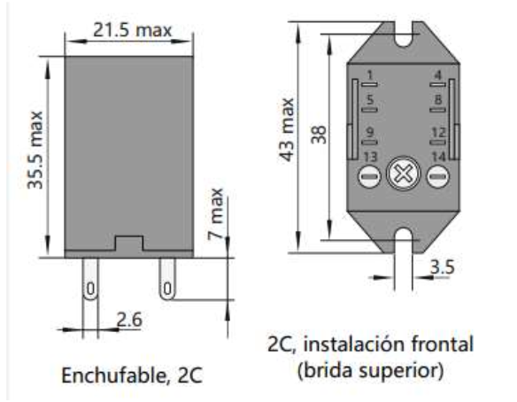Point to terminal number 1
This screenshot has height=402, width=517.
point(370,74)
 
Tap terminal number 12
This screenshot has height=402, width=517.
point(437,133)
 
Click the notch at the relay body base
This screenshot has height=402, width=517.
point(128,242)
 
